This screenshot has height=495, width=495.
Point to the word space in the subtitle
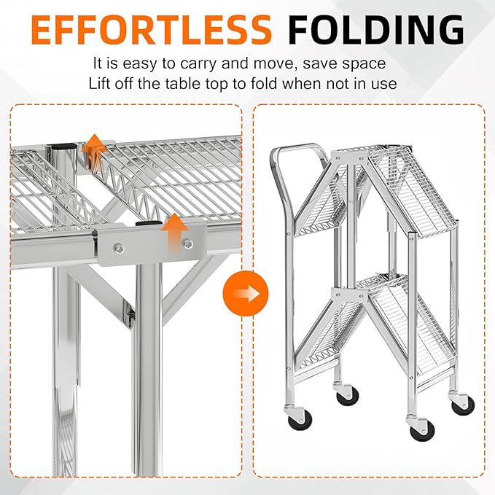click(x=358, y=64)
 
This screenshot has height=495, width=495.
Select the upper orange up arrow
click(x=93, y=151)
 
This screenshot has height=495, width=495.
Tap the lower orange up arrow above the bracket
click(x=173, y=231)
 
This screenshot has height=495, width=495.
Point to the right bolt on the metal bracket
click(x=188, y=243)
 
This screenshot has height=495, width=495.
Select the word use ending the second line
click(x=386, y=83)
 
